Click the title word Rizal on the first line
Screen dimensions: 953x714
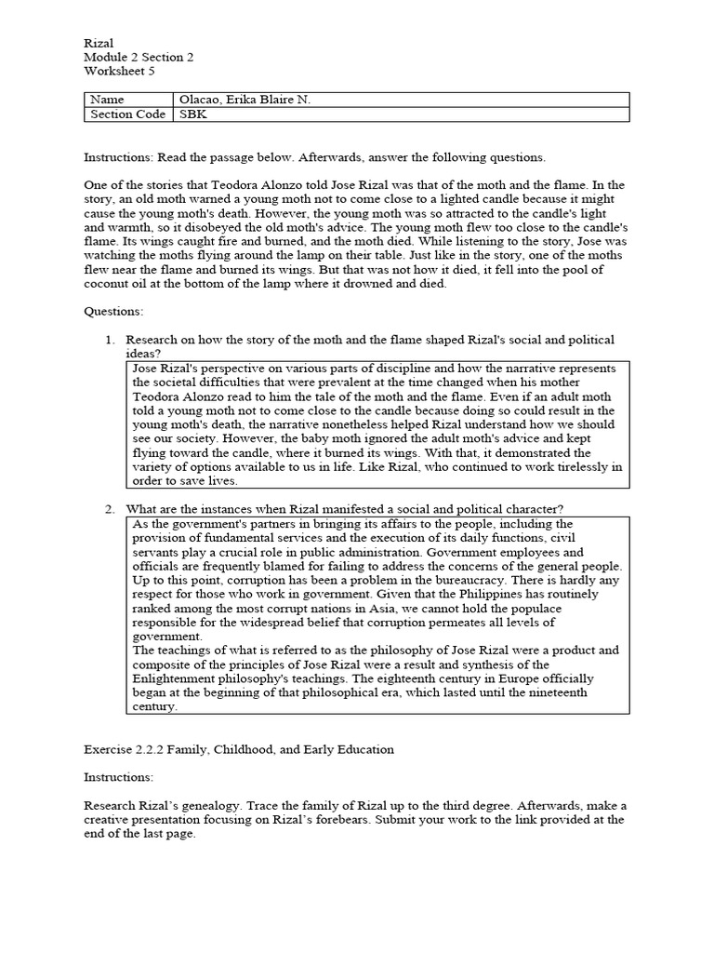pyautogui.click(x=97, y=43)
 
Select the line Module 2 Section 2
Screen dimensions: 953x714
pyautogui.click(x=139, y=57)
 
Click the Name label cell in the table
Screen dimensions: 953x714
pyautogui.click(x=106, y=100)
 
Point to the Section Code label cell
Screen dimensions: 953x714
pyautogui.click(x=127, y=114)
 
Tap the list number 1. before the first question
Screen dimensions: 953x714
pyautogui.click(x=110, y=340)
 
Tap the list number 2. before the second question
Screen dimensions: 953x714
pyautogui.click(x=110, y=508)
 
